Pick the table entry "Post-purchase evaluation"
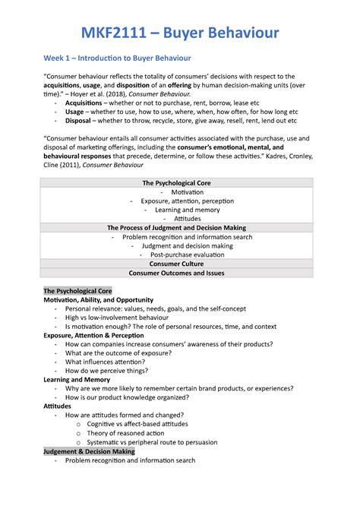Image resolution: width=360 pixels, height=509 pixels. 181,254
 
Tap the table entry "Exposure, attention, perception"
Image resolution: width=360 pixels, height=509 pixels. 181,201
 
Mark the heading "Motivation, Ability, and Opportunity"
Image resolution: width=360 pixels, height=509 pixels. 98,300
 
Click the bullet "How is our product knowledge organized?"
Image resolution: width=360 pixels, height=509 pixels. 127,397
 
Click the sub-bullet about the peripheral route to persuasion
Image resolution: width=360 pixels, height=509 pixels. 165,442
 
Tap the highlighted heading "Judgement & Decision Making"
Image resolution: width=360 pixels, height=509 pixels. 89,451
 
